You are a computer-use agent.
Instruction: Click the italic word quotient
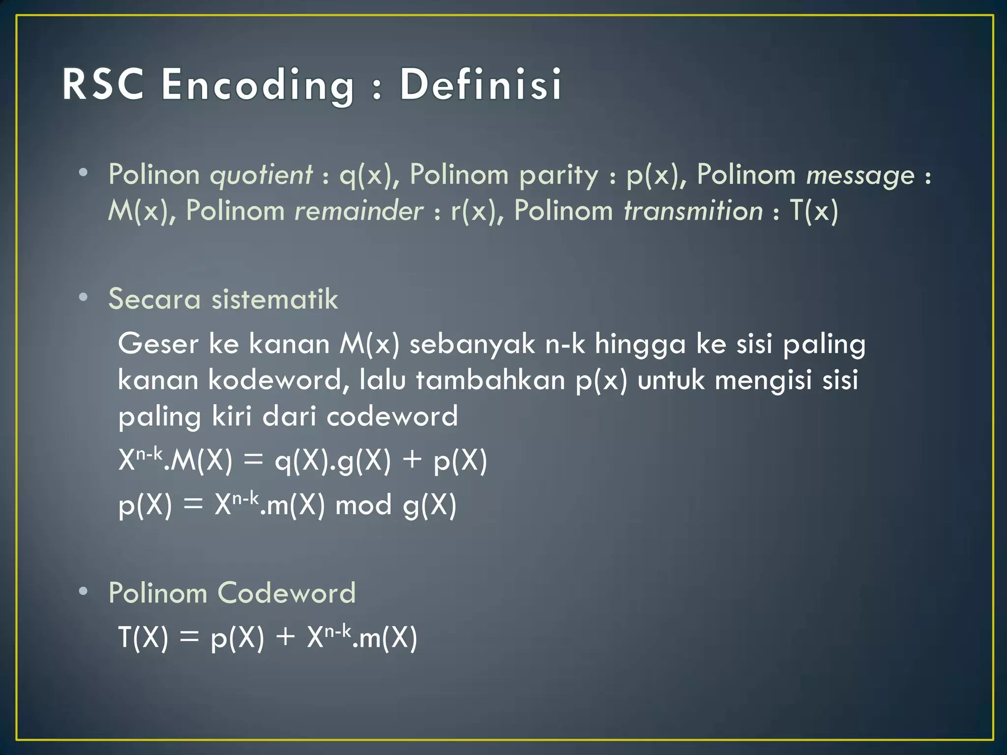click(261, 175)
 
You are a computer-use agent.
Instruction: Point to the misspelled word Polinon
click(154, 174)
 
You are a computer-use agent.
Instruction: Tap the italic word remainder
click(358, 211)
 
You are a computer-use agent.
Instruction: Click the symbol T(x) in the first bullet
click(814, 211)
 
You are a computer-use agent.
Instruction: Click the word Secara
click(154, 299)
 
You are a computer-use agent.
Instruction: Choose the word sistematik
click(275, 299)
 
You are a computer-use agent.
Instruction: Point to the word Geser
click(158, 344)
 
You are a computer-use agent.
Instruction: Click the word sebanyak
click(472, 345)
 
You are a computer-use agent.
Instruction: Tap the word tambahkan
click(490, 380)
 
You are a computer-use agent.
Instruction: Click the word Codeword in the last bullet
click(287, 593)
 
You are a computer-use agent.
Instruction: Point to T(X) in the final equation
click(143, 638)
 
